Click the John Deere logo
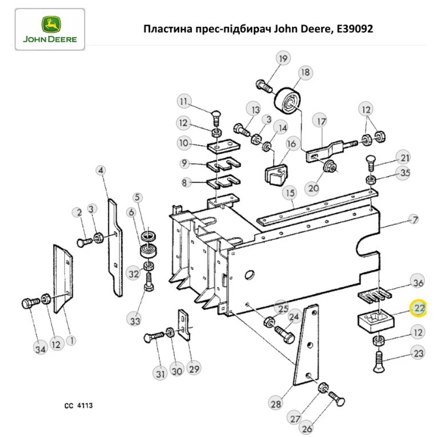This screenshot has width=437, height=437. pos(50,29)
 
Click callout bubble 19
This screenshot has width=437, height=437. pos(283,59)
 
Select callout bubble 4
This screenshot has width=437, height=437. pos(101,170)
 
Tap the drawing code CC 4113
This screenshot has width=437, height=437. pos(78,406)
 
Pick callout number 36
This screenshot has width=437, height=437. pos(418,283)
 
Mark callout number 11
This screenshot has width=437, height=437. pos(184,102)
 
